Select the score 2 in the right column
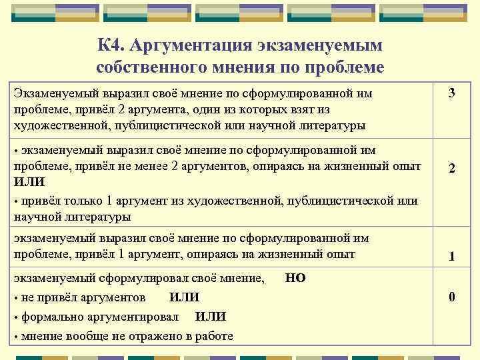tap(451, 169)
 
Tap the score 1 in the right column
tap(451, 256)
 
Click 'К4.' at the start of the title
tap(111, 45)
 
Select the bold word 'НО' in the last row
tap(295, 278)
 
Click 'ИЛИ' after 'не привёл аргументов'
tap(185, 297)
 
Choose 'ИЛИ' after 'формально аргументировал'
tap(210, 317)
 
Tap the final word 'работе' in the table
tap(212, 336)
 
